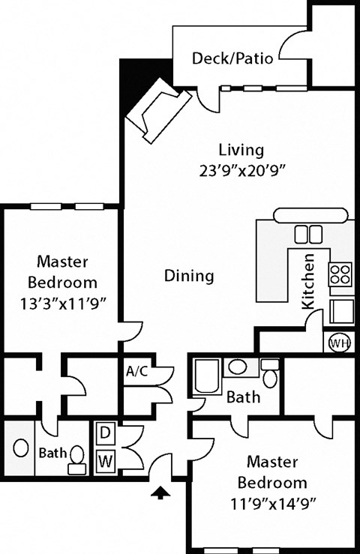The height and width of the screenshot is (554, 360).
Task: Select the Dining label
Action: [188, 276]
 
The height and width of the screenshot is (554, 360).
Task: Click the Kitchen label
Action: [308, 283]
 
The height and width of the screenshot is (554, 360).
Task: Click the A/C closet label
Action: [136, 370]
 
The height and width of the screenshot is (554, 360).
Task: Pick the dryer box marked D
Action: [105, 433]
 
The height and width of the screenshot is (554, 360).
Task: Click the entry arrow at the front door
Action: [160, 493]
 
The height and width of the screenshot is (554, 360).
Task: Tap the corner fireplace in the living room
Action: [157, 110]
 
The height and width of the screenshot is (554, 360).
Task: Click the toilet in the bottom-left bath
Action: [76, 458]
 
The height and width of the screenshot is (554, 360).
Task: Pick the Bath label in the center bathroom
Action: [244, 397]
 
